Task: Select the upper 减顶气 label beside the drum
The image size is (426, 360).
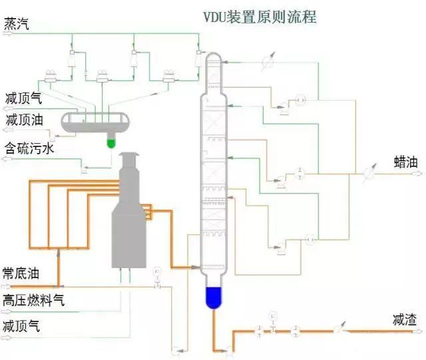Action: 23,97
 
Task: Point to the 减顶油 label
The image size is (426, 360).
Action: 23,120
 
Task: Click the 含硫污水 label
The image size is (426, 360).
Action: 30,148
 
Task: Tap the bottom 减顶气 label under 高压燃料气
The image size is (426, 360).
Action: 22,326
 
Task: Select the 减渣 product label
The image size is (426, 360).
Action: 405,321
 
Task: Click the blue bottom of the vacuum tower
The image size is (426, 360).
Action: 213,296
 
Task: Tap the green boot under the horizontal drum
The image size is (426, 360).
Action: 111,141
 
